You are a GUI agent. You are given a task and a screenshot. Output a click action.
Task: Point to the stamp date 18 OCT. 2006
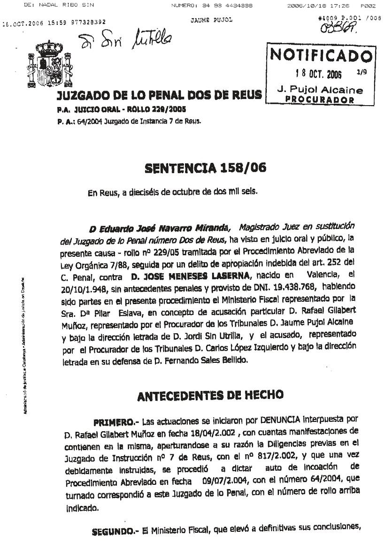click(319, 74)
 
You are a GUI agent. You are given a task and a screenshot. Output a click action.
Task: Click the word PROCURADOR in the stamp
click(319, 99)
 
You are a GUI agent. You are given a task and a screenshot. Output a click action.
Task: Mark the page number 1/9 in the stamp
click(362, 72)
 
